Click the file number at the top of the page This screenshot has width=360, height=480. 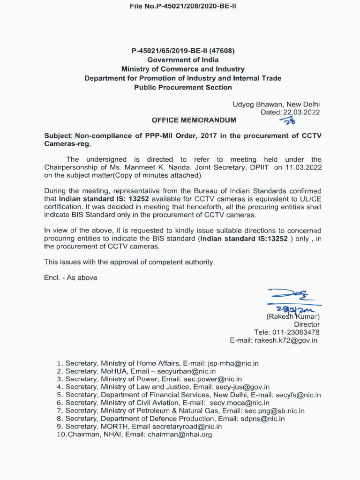tap(182, 7)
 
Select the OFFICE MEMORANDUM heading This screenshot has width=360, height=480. tap(194, 120)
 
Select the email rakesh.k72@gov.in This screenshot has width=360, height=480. tap(286, 340)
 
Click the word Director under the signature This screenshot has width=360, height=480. tap(307, 324)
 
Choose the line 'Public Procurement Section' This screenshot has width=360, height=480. tap(183, 87)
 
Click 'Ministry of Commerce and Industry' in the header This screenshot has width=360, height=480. tap(183, 69)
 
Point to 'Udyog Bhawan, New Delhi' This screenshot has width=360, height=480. tap(276, 104)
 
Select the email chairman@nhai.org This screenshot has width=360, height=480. tap(180, 435)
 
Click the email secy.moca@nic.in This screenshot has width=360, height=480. tap(240, 403)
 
